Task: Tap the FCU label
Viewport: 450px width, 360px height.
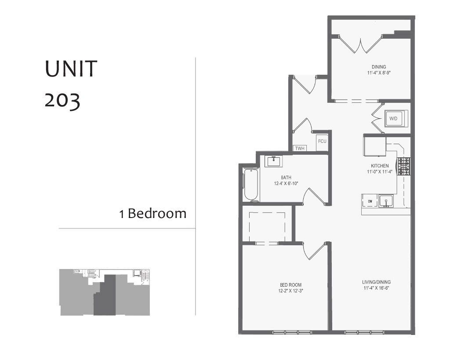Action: [322, 141]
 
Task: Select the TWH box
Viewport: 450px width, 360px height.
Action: [300, 149]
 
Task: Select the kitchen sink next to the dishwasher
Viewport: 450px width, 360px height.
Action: [386, 201]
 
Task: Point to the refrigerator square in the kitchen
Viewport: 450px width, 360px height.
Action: [374, 146]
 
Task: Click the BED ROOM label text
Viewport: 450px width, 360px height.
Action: [290, 284]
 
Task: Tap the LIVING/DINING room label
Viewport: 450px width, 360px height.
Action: [377, 282]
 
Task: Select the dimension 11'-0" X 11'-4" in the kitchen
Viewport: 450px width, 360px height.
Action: [378, 171]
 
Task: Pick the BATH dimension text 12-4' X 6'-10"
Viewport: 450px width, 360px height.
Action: [287, 183]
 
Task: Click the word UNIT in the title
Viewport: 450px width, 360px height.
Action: [71, 69]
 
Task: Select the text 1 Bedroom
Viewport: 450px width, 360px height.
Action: [153, 214]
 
